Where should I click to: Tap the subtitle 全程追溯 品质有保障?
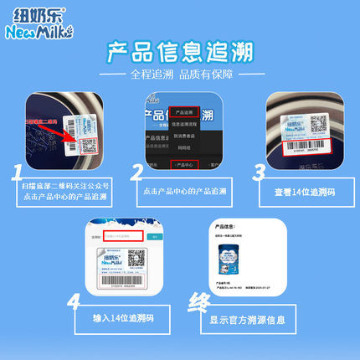pyautogui.click(x=179, y=75)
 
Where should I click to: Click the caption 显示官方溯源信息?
pyautogui.click(x=247, y=319)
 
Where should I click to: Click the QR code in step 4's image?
pyautogui.click(x=135, y=258)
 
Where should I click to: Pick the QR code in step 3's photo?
pyautogui.click(x=318, y=125)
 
